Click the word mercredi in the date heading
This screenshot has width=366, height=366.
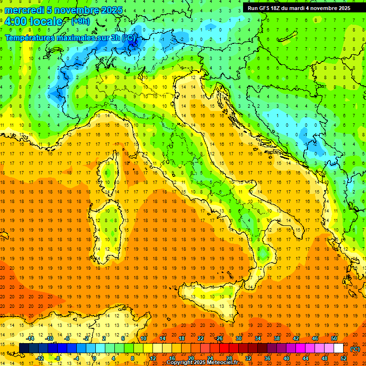coord(24,10)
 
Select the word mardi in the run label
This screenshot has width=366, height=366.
coord(306,8)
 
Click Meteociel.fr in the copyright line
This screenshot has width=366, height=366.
coord(226,363)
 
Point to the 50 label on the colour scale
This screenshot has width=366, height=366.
coord(334,338)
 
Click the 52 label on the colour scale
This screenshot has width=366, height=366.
coord(344,358)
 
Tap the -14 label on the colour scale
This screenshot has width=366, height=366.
coord(30,338)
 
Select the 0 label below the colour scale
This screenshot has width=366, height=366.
coord(94,358)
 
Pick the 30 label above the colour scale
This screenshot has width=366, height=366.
coord(238,338)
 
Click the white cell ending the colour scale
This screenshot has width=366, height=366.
coord(338,348)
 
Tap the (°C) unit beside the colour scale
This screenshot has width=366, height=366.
coord(355,349)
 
